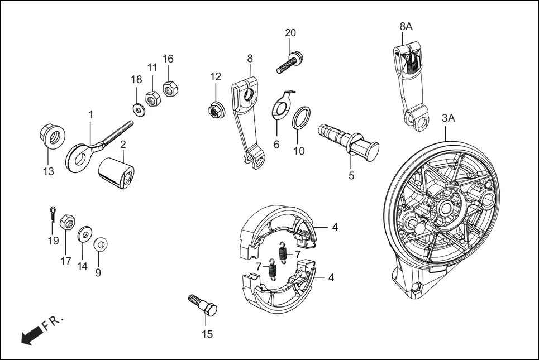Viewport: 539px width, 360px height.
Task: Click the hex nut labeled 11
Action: (152, 98)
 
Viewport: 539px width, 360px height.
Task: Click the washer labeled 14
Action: (85, 233)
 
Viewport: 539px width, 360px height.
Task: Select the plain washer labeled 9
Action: (100, 244)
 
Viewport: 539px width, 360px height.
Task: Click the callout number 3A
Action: (449, 118)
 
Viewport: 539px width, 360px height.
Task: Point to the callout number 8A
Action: (406, 26)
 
